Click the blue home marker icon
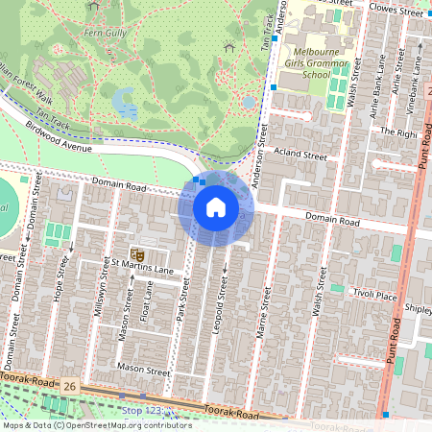216,207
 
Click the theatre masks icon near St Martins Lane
136,254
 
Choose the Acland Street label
301,154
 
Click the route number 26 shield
70,386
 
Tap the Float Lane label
144,304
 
